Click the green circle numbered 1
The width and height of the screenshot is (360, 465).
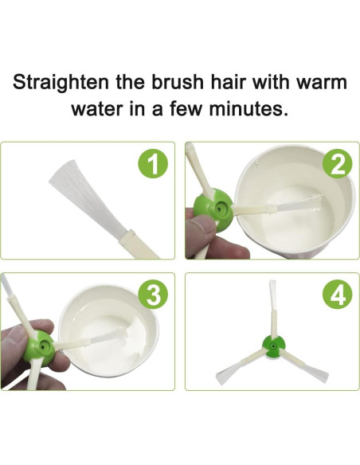153,164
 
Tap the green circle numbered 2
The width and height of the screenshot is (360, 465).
337,164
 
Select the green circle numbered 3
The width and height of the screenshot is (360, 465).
153,295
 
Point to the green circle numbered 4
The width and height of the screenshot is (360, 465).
337,295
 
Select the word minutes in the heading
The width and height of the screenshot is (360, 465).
248,109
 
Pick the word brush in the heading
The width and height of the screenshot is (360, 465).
178,82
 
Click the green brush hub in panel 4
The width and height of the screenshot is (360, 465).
273,346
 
